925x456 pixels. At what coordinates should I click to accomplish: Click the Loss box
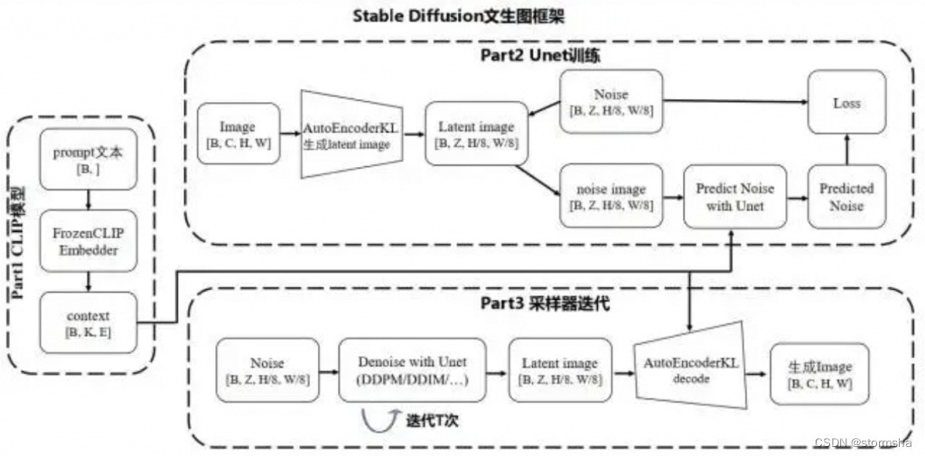coord(846,103)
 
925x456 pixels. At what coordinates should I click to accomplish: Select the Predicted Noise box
coord(846,197)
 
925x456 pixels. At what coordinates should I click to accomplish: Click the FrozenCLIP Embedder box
coord(89,242)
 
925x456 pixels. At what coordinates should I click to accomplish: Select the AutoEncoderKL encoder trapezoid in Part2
coord(350,134)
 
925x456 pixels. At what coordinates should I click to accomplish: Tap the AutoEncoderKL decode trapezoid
coord(691,369)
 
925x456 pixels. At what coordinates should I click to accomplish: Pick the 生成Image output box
coord(820,372)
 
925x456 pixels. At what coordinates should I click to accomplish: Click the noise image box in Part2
coord(611,197)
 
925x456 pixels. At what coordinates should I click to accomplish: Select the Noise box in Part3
coord(267,370)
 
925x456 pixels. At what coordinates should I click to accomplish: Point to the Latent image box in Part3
coord(560,370)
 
